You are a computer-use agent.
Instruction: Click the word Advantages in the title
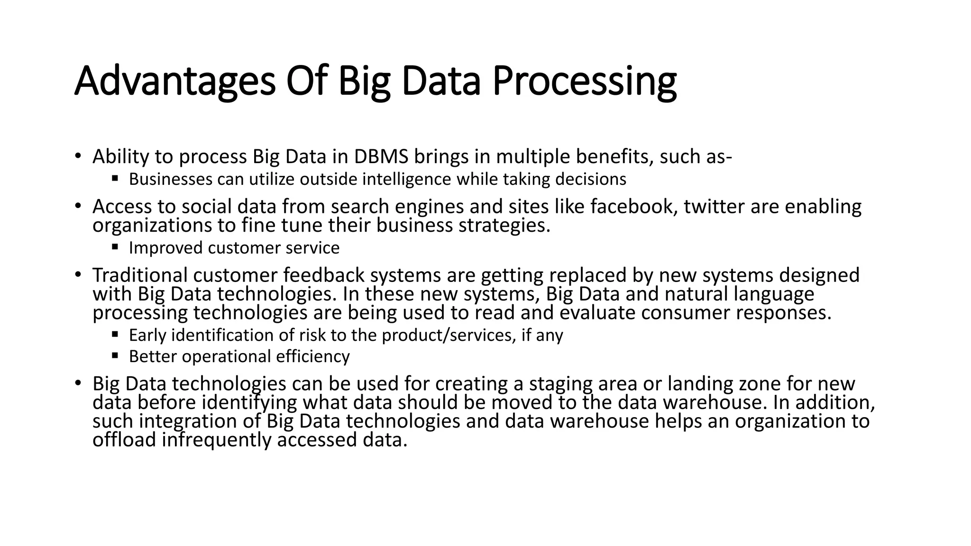click(174, 81)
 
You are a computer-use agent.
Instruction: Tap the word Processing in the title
click(584, 81)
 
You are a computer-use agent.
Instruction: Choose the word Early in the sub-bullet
click(147, 336)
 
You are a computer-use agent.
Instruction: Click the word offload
click(124, 440)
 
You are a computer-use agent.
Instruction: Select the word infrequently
click(217, 440)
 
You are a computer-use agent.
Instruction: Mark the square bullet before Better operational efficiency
click(115, 355)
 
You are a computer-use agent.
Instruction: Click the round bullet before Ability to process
click(78, 156)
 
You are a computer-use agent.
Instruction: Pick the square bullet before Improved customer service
click(115, 246)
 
